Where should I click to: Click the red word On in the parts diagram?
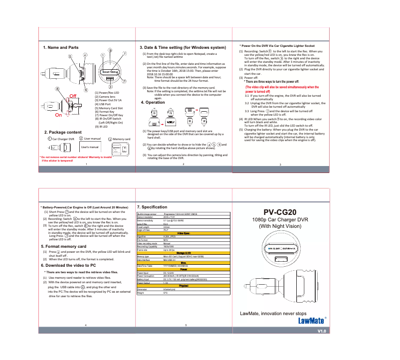58,115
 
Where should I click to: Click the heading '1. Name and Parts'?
60,47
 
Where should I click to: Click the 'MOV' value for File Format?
166,240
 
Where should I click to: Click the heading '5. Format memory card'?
63,246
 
